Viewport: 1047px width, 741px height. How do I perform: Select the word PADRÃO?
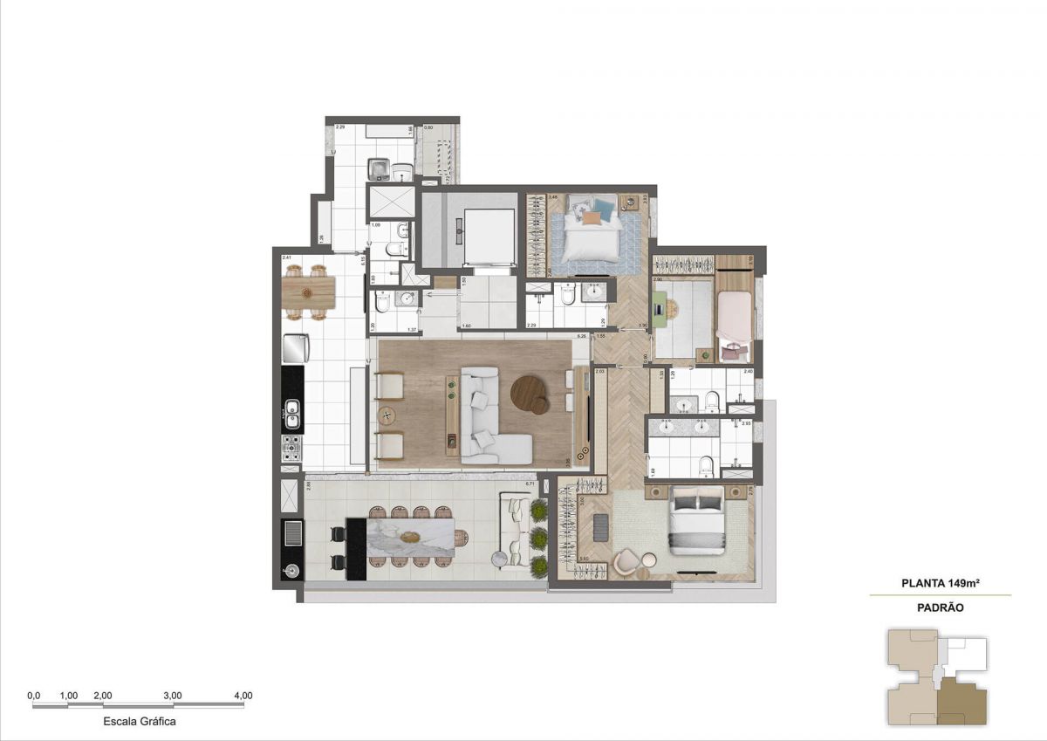tap(940, 607)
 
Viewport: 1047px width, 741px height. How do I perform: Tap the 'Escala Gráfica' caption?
tap(140, 722)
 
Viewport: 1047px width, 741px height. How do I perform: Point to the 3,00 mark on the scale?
tap(173, 696)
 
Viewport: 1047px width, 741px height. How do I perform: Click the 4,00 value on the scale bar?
tap(243, 696)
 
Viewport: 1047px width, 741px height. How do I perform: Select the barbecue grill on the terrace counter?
tap(291, 533)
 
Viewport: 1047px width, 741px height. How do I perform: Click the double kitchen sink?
tap(292, 414)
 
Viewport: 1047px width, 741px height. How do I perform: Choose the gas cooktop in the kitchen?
tap(291, 448)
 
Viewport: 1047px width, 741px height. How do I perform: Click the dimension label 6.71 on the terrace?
tap(530, 484)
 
